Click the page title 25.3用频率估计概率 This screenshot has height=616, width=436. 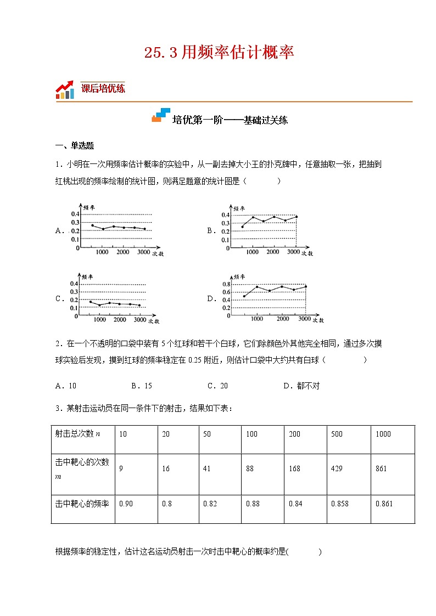[219, 53]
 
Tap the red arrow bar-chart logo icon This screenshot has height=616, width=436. [65, 89]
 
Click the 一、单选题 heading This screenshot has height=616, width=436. [75, 146]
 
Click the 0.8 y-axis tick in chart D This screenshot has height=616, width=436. [225, 284]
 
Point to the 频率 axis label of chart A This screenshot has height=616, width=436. [89, 208]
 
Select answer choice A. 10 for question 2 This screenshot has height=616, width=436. [66, 386]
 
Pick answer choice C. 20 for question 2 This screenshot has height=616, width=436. [217, 386]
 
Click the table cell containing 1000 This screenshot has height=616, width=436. [383, 434]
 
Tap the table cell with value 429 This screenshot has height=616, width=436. [337, 468]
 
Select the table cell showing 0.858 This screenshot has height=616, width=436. [339, 504]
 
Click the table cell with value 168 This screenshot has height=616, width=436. [295, 468]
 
